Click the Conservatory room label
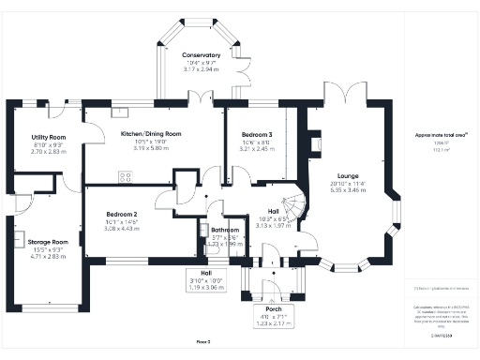click(x=202, y=55)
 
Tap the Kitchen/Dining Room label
click(x=150, y=134)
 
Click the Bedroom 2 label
click(x=121, y=214)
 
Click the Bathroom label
click(x=225, y=230)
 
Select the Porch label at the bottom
click(x=274, y=308)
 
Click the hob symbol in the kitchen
click(x=125, y=175)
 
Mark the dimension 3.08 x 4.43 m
click(x=121, y=228)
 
